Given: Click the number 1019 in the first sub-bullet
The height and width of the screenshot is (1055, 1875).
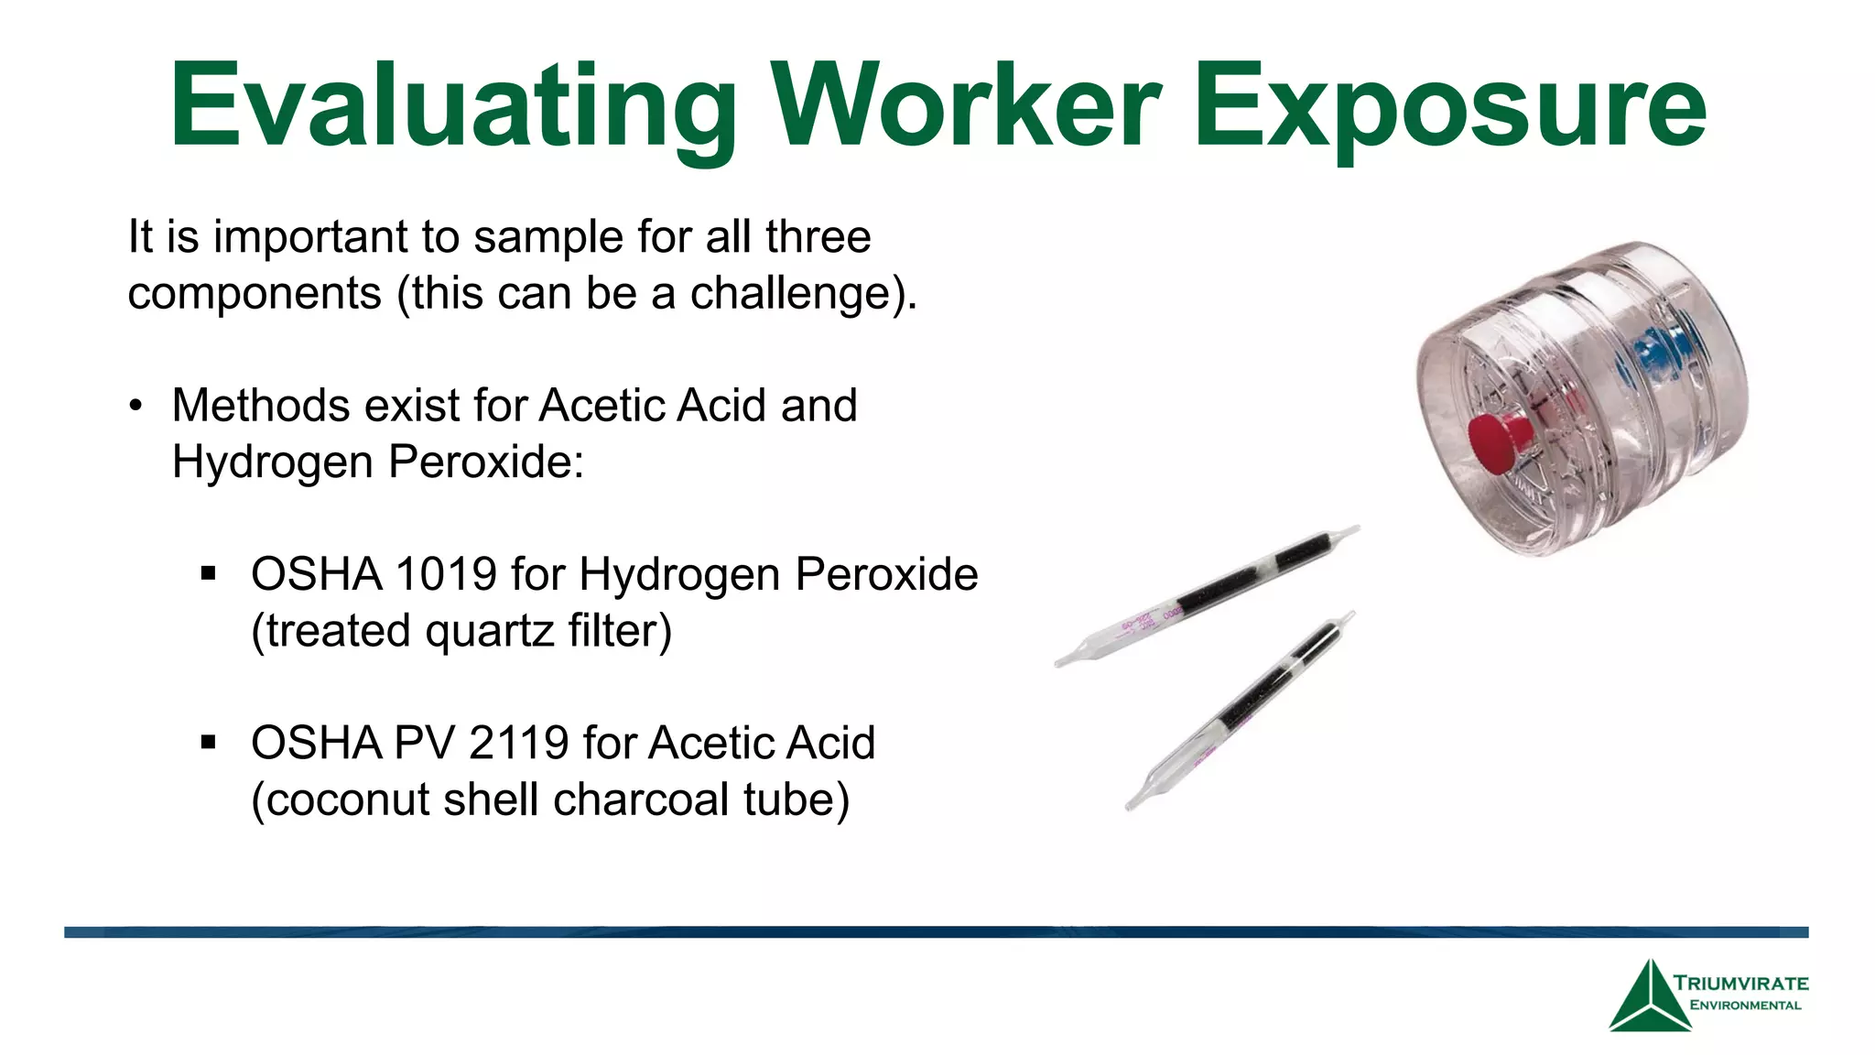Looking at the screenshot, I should [x=445, y=575].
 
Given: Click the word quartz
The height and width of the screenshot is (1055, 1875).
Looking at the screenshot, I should [x=490, y=631].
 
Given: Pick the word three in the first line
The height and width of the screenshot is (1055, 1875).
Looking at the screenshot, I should [x=818, y=237].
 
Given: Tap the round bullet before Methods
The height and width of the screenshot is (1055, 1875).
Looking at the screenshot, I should [x=136, y=407].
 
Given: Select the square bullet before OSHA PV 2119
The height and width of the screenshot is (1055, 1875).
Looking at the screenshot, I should [x=209, y=743].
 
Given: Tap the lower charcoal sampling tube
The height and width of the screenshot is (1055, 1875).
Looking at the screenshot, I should [x=1241, y=711].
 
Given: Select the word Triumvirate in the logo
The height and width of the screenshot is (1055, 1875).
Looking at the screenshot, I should [x=1740, y=984].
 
